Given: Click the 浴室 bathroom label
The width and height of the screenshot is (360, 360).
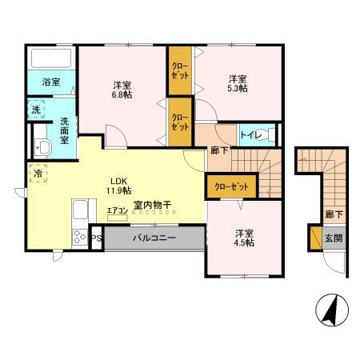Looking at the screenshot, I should point(51,82).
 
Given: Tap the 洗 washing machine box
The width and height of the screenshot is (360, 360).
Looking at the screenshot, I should point(37,109).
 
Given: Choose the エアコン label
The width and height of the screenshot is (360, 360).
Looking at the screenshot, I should point(118,210).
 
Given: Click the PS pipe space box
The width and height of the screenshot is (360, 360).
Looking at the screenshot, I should point(96,238).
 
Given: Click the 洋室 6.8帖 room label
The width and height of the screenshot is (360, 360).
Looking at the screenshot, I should point(122,89).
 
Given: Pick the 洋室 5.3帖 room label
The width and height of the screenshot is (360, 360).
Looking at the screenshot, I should point(236,84).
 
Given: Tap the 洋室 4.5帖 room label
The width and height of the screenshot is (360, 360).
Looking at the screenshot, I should point(244,238).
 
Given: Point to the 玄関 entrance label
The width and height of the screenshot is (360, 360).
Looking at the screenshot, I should point(332,238).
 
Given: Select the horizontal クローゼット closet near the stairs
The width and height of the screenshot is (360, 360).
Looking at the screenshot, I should point(232,186).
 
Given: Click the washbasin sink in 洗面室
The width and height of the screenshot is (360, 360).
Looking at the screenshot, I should point(43,147).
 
